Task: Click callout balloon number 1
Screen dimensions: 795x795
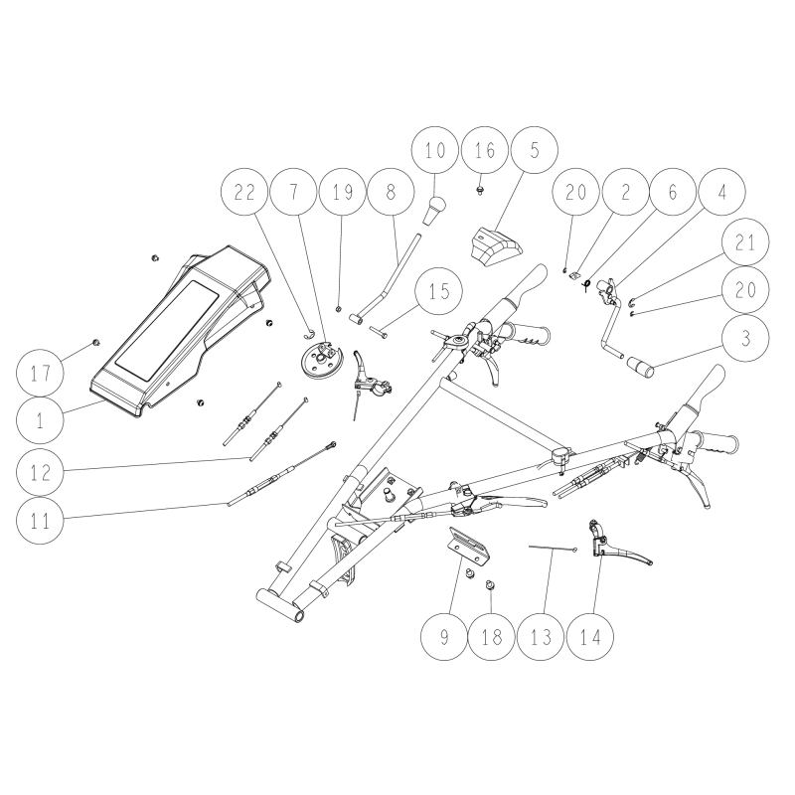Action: pos(40,420)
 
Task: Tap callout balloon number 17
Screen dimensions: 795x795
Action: pos(40,375)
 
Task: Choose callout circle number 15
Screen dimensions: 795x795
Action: pos(438,291)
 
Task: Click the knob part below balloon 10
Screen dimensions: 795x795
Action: pos(434,211)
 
